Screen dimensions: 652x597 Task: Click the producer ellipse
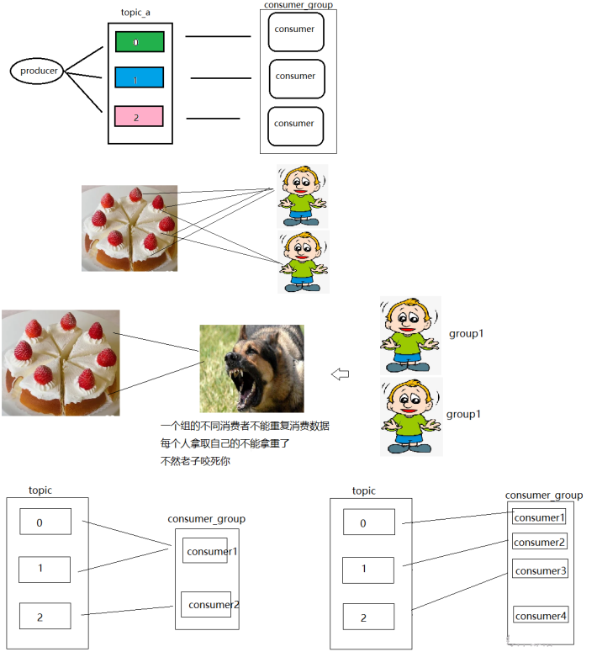pos(38,71)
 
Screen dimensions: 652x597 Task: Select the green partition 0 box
pos(139,41)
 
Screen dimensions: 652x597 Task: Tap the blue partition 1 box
pos(139,78)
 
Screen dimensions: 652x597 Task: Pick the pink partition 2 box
pos(139,117)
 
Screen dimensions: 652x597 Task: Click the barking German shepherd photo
pos(251,368)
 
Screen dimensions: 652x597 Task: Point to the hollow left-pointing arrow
pos(341,374)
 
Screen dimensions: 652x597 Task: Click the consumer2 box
pos(206,604)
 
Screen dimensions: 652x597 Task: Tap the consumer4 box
pos(540,616)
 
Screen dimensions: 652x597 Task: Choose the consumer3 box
pos(540,571)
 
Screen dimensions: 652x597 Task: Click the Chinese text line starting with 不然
pos(195,460)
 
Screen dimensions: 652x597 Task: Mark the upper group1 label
pos(467,334)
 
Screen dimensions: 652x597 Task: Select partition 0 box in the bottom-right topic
pos(368,522)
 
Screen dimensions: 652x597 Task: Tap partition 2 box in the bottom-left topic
pos(45,617)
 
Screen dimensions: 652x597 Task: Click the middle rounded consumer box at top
pos(296,78)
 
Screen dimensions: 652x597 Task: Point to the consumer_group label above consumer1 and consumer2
pos(207,519)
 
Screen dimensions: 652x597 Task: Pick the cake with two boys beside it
pos(129,228)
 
